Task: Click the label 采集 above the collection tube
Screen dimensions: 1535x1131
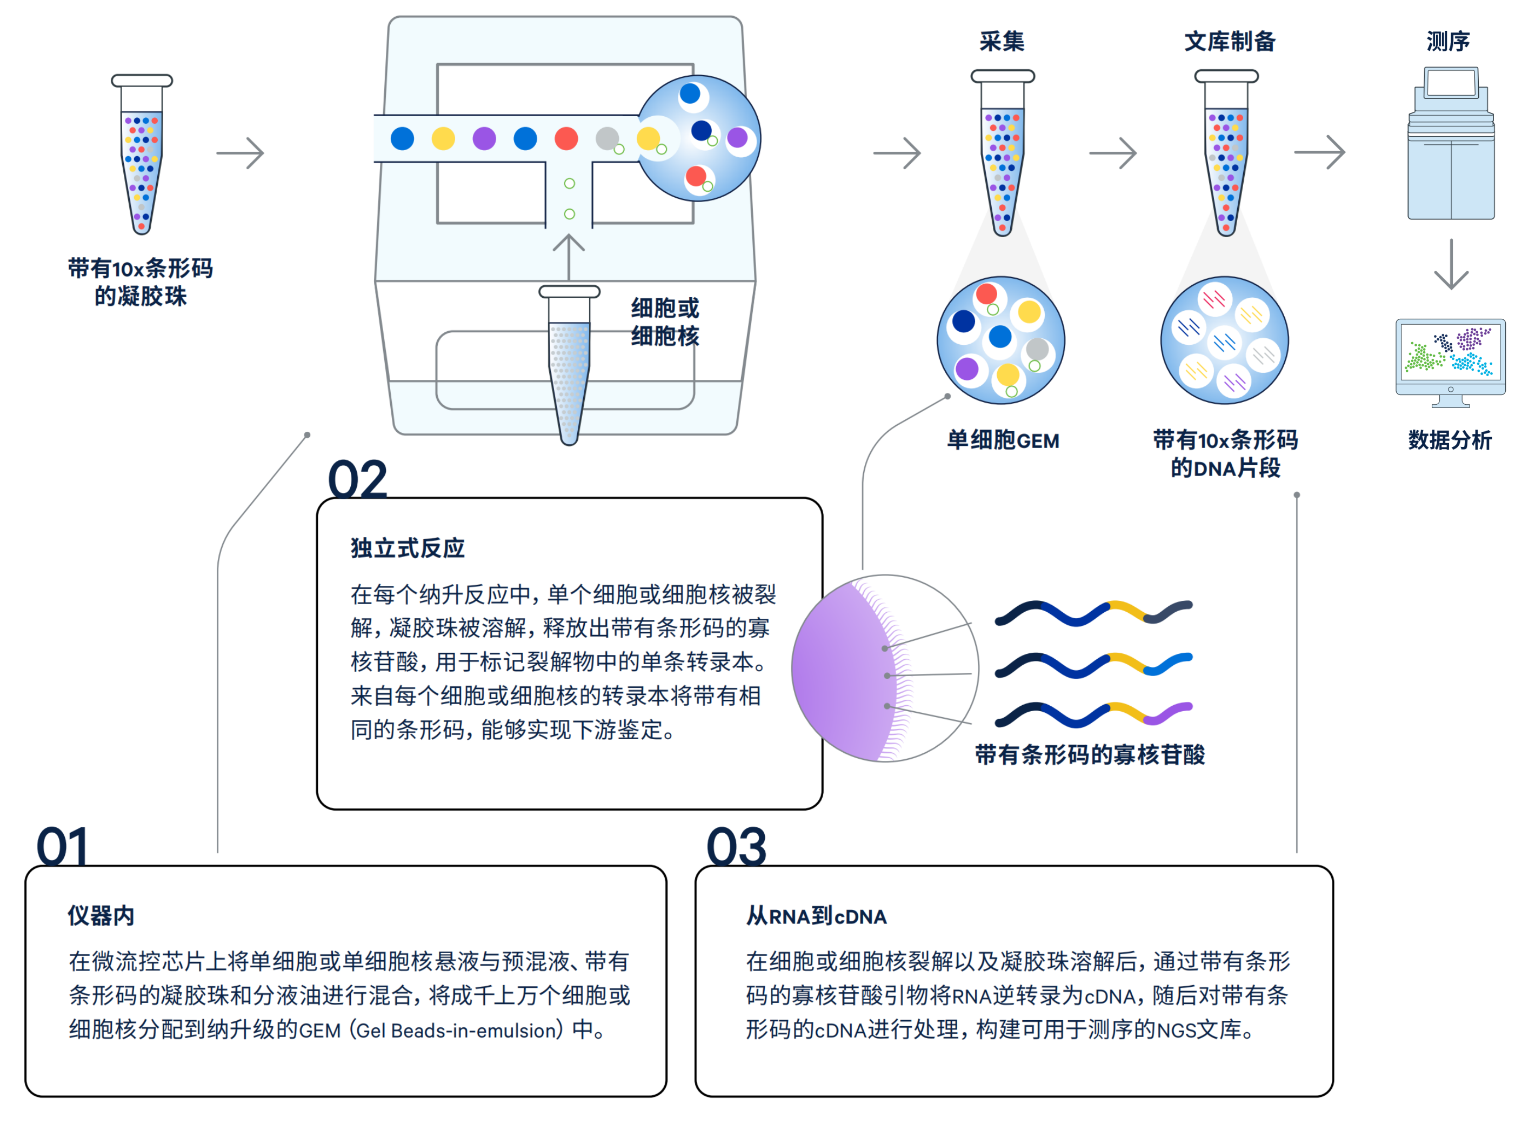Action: (1002, 42)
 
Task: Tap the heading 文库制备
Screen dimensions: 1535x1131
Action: (1230, 42)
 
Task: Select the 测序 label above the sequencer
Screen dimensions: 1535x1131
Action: (1447, 42)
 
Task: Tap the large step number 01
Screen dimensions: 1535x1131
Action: (62, 846)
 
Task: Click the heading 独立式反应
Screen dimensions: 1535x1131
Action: (408, 548)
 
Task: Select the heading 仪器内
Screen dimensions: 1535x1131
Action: (101, 915)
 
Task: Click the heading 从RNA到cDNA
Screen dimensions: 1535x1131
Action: (816, 916)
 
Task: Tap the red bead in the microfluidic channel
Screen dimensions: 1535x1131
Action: (566, 138)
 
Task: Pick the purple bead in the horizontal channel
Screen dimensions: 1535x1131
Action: (484, 138)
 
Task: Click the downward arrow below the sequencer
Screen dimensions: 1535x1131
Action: (1451, 264)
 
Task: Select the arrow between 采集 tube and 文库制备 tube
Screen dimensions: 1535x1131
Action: (1112, 153)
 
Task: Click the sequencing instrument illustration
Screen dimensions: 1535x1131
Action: (1451, 143)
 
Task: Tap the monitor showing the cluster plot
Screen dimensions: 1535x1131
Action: (1450, 363)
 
